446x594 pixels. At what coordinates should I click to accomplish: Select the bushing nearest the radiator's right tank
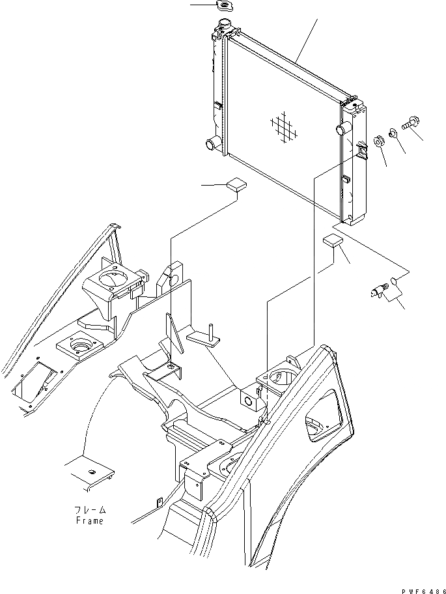click(378, 141)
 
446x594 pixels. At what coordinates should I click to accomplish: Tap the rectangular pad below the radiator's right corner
click(332, 241)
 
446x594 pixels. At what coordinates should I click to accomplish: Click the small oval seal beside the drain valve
click(393, 282)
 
